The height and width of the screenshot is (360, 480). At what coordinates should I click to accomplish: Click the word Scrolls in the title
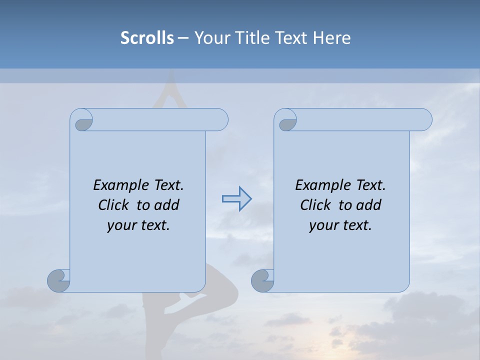coord(147,38)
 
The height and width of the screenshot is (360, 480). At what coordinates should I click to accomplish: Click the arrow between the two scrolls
coord(236,199)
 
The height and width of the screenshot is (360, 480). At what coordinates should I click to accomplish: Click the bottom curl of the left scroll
coord(59,280)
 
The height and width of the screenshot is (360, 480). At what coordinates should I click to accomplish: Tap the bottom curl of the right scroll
coord(262,281)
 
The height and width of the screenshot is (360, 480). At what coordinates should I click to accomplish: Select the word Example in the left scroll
coord(116,185)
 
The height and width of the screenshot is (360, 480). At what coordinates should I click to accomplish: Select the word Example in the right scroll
coord(318,185)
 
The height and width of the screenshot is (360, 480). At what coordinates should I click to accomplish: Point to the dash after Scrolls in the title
coord(183,38)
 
